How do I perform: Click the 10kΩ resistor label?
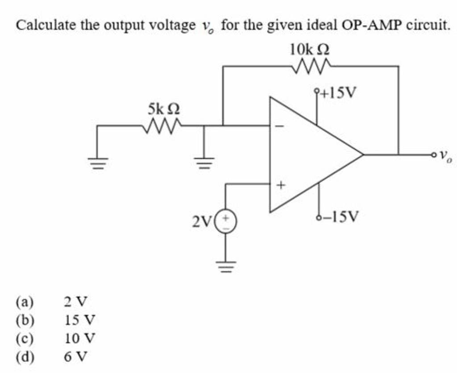(x=311, y=49)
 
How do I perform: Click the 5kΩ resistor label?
(x=164, y=108)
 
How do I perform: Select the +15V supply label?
(x=339, y=93)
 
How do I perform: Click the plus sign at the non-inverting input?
(x=281, y=185)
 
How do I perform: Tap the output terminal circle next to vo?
(x=433, y=155)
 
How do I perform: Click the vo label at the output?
(x=445, y=155)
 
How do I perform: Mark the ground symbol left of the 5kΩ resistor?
(x=97, y=163)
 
